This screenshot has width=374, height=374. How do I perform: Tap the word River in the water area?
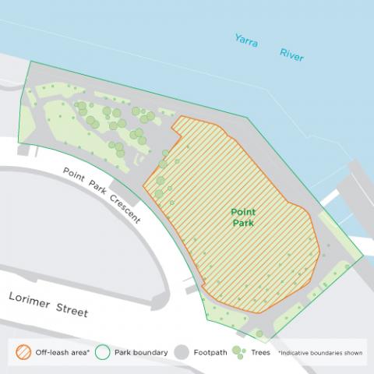coord(291,55)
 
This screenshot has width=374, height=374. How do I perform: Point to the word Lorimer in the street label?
coord(31,300)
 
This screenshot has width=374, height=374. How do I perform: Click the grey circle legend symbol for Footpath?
coord(185,353)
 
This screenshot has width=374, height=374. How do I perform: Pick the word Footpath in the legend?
coord(211,353)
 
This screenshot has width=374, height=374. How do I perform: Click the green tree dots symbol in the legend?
coord(240,353)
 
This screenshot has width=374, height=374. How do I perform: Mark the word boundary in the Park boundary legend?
coord(153,353)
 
